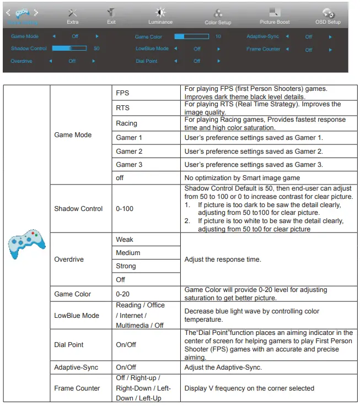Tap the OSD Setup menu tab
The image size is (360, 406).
328,16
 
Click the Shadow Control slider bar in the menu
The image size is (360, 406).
69,48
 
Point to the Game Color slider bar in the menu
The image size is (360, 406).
191,37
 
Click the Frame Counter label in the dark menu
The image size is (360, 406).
264,49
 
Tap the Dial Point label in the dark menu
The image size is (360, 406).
147,61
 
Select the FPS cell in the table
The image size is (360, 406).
122,93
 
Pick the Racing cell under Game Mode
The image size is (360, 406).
126,123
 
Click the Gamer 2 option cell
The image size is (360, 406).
129,151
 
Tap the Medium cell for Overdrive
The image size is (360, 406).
128,253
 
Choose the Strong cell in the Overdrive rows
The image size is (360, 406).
126,266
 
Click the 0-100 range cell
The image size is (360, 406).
125,209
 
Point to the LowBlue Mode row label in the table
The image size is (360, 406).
77,315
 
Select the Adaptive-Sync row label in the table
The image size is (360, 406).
77,367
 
